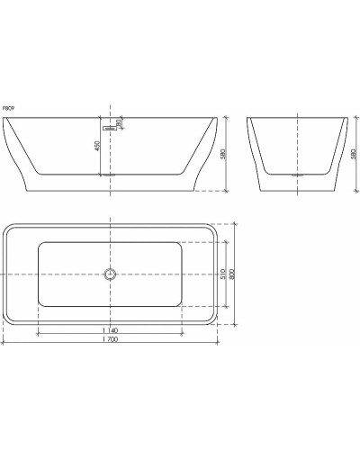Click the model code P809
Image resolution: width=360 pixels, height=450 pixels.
click(x=9, y=106)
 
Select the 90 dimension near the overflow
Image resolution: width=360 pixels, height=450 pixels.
click(x=118, y=123)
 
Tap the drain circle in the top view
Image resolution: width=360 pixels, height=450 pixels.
click(x=110, y=275)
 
